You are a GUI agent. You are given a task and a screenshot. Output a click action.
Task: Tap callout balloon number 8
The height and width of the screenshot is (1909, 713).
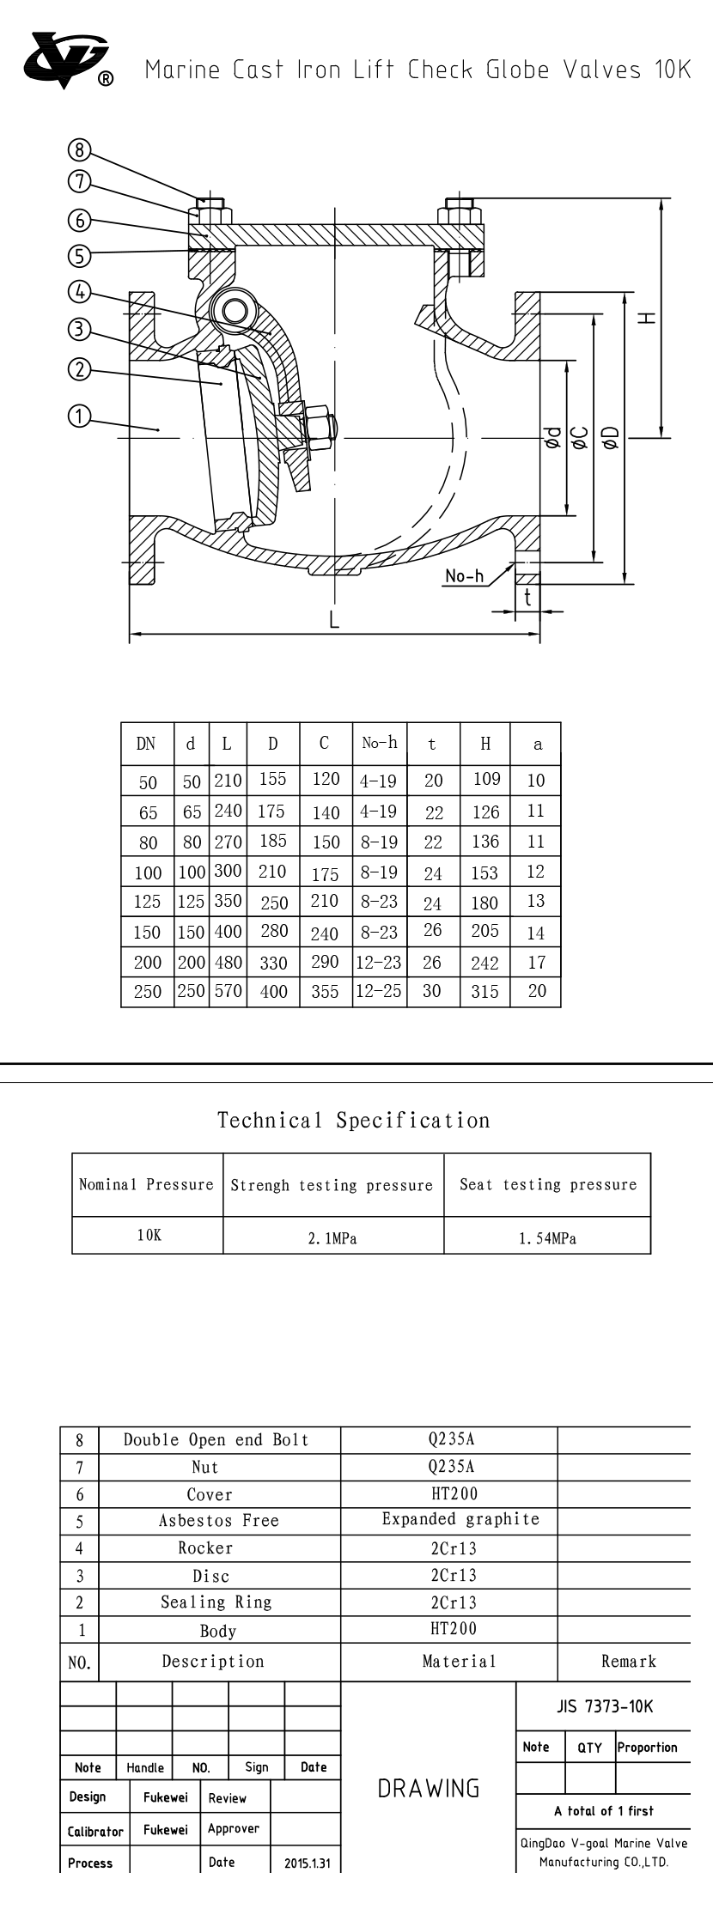coord(79,151)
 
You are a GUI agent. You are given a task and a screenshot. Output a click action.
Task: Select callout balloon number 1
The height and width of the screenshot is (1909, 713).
coord(79,417)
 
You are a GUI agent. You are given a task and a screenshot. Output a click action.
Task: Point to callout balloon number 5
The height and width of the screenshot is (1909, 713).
coord(79,255)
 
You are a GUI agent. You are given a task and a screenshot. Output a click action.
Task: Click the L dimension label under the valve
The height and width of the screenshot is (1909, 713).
coord(335,621)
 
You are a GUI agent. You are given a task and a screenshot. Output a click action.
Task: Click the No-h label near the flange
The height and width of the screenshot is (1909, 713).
coord(464,576)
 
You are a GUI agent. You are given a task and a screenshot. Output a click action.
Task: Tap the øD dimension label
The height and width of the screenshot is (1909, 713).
coord(612,438)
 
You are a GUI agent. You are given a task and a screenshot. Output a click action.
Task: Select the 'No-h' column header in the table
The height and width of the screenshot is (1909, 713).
coord(379,743)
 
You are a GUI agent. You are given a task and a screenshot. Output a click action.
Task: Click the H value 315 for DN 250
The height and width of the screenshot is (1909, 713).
coord(484,991)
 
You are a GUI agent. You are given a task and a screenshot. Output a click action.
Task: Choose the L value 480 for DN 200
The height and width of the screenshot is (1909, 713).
coord(228,962)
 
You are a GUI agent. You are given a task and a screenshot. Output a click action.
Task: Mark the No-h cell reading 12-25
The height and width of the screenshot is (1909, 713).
coord(379,990)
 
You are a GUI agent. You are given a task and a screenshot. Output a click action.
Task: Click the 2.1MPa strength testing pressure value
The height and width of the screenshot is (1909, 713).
coord(332,1238)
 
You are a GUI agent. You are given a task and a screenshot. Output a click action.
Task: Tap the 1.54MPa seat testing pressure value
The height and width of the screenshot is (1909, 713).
coord(547,1238)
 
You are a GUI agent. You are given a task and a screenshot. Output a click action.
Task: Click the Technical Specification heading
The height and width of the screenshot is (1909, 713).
coord(354,1121)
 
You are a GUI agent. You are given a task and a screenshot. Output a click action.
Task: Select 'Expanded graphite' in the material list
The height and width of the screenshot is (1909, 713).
coord(460,1519)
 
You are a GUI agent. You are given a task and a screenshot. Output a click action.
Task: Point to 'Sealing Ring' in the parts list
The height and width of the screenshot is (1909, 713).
coord(216,1602)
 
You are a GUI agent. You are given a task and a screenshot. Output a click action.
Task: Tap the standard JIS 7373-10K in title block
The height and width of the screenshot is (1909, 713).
coord(605,1706)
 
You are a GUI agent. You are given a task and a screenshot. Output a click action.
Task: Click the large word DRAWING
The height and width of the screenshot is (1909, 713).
coord(429,1789)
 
